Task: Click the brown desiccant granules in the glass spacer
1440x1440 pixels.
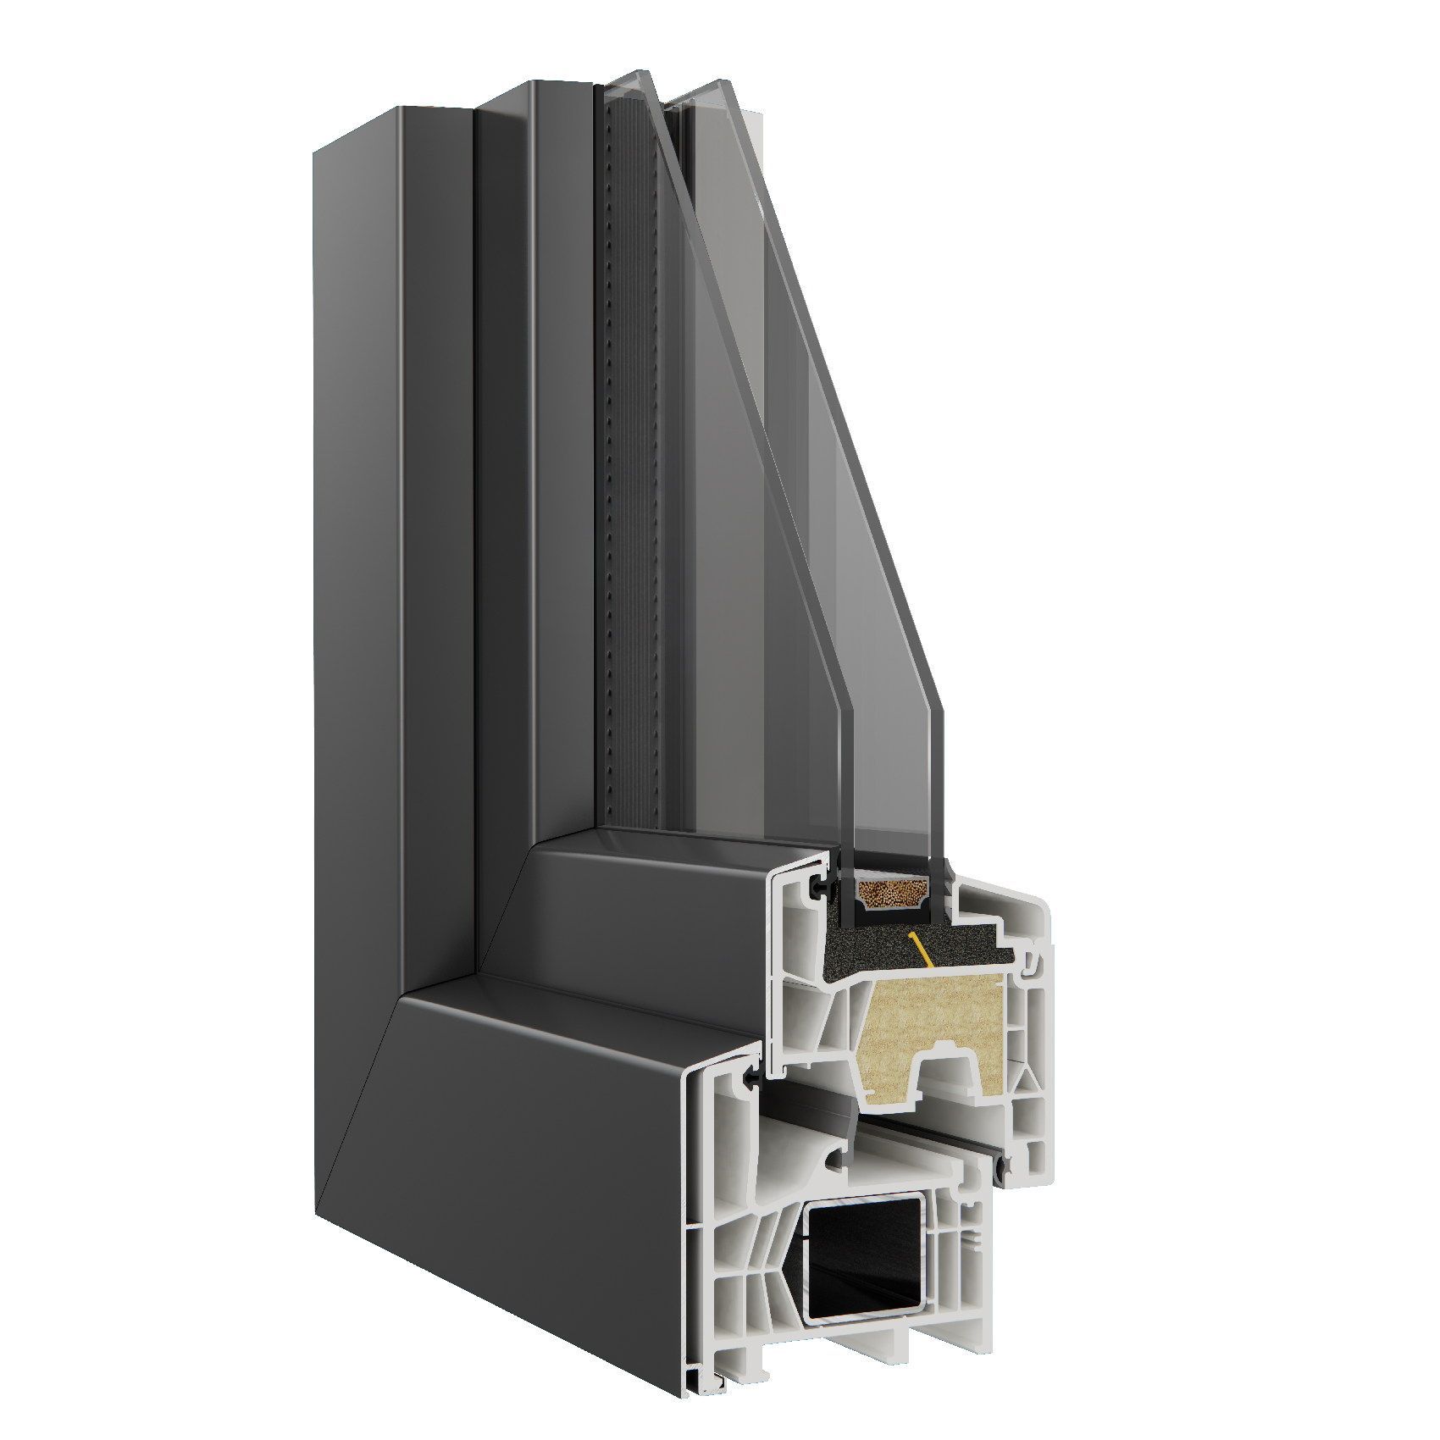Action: click(x=889, y=891)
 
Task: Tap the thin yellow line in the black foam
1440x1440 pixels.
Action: click(x=918, y=948)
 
